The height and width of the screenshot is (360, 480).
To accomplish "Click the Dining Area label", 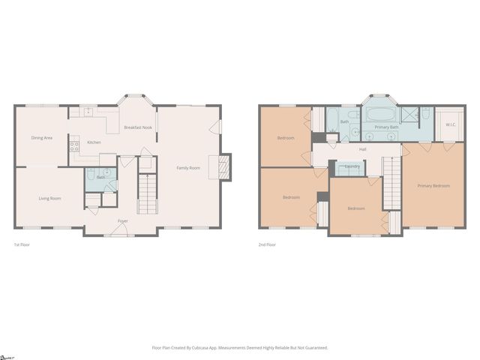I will click(x=41, y=138).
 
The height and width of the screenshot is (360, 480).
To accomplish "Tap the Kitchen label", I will click(x=94, y=142).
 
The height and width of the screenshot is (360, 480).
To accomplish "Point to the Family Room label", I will click(x=188, y=167).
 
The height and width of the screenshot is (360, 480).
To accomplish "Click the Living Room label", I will click(x=49, y=198).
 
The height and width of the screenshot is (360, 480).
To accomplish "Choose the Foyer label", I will click(x=122, y=220).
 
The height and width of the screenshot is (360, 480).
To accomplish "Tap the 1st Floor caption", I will click(x=22, y=244).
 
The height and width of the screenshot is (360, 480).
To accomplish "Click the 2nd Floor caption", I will click(x=267, y=244).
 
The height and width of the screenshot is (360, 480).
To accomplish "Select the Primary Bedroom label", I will click(x=433, y=185).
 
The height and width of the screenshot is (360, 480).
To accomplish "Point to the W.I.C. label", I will click(x=451, y=124).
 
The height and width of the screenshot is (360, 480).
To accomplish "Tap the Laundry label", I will click(x=352, y=166).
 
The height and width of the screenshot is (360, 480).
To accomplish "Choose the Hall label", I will click(x=363, y=150).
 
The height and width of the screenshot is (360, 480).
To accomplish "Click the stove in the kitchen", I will click(x=74, y=146).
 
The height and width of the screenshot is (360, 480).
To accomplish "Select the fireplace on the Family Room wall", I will click(x=223, y=167).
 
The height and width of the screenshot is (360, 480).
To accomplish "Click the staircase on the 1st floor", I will click(x=147, y=193).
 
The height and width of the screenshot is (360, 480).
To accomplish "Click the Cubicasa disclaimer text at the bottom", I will click(x=240, y=347).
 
